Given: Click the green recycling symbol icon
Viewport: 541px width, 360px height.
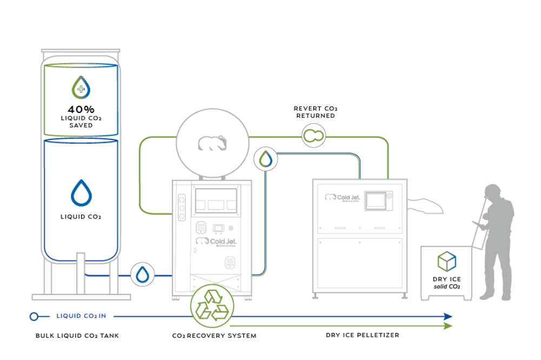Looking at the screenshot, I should (212, 305).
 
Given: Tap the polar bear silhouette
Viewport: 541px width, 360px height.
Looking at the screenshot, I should (212, 143).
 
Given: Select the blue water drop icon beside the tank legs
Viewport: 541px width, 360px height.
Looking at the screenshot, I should (142, 275).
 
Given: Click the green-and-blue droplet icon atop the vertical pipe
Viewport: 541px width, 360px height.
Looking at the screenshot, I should (266, 159).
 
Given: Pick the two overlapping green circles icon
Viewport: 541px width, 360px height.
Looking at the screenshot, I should (313, 135).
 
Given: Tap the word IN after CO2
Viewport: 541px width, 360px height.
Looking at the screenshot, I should (103, 316).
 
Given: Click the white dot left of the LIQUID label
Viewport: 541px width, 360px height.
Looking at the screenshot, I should (34, 316).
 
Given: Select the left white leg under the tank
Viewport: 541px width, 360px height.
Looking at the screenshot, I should (81, 274).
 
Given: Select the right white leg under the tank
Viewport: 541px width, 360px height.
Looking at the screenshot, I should (114, 276).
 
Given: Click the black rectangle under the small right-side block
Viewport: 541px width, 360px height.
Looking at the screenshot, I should (451, 285).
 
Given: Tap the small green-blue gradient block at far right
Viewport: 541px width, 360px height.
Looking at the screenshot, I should (454, 264).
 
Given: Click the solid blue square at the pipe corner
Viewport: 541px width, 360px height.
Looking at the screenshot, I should (373, 165).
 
